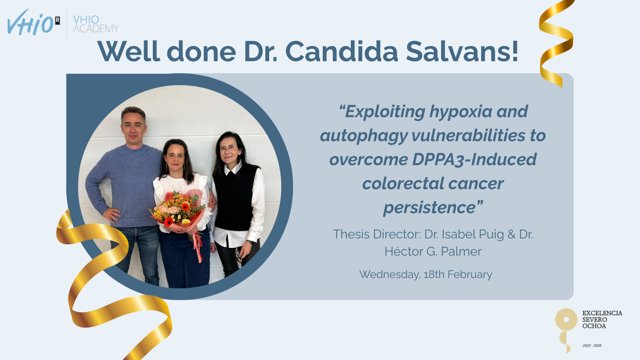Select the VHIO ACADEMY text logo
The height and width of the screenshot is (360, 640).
click(x=96, y=24)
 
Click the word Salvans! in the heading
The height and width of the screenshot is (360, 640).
click(x=462, y=52)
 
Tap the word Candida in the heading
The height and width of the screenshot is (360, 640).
click(x=342, y=52)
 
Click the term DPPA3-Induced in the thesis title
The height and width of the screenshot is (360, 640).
click(x=474, y=160)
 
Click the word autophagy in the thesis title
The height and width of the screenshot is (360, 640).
click(x=364, y=136)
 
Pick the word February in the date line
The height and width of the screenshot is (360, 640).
click(x=470, y=274)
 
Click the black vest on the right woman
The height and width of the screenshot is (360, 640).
click(x=236, y=197)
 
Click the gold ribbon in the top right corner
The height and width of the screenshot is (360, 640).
click(x=556, y=43)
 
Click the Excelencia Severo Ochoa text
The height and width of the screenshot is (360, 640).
click(x=602, y=320)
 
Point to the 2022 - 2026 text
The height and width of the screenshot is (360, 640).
click(x=592, y=346)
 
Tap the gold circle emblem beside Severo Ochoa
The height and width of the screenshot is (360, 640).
click(x=566, y=320)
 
